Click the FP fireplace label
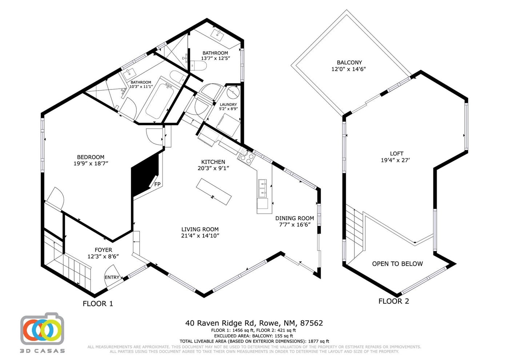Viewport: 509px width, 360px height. tap(157, 184)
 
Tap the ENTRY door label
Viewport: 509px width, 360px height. tap(112, 277)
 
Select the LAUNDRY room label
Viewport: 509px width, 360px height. tap(228, 104)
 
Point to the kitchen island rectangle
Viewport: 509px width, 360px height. tap(214, 192)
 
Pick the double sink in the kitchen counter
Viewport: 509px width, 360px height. tap(262, 189)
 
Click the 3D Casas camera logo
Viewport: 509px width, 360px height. tap(42, 329)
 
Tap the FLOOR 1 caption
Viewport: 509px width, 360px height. tap(98, 304)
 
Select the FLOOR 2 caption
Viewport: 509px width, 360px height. tap(393, 301)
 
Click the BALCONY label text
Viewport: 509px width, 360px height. tap(349, 62)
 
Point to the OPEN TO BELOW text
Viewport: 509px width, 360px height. tap(397, 264)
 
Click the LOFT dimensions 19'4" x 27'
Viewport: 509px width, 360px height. tap(395, 160)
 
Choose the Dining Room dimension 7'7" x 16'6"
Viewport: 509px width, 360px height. tap(295, 225)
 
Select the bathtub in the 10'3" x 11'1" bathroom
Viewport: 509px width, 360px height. tap(159, 101)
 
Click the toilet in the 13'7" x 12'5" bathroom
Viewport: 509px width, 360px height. tap(198, 65)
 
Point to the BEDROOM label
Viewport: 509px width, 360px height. tap(91, 157)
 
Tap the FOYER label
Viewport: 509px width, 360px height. tap(103, 250)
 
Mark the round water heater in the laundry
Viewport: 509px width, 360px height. tap(233, 92)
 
